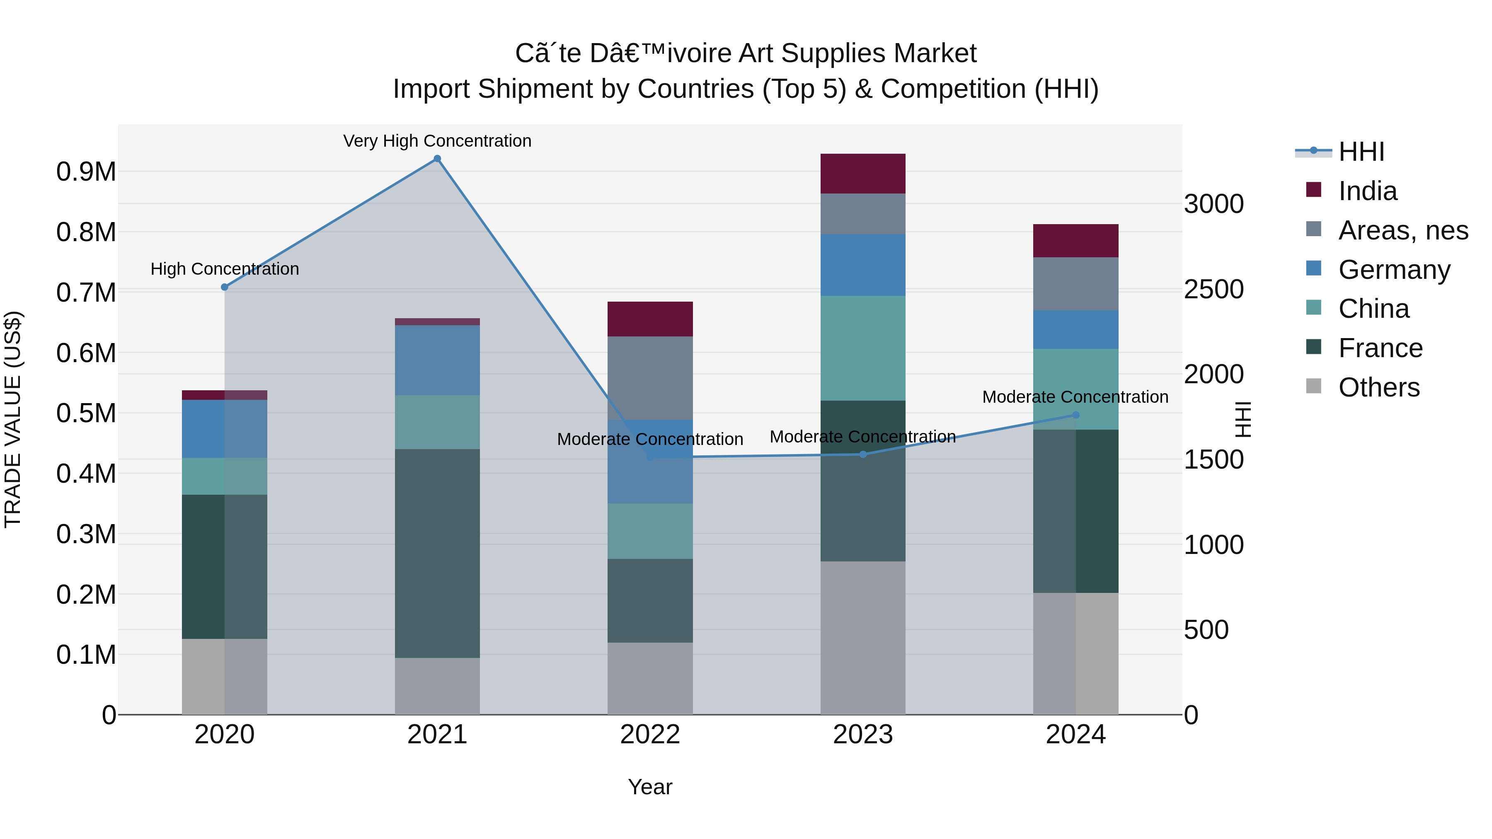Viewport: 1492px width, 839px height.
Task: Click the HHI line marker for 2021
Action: (x=437, y=159)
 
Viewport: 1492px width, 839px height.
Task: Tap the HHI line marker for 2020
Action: (x=225, y=287)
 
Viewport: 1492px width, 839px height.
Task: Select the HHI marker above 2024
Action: (x=1075, y=415)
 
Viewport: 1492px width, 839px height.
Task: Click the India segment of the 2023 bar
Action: (x=862, y=174)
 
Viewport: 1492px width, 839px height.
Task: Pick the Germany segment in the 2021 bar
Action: (x=437, y=360)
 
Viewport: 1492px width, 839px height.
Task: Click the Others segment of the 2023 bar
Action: (x=862, y=637)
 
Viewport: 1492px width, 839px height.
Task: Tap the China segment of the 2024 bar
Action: (x=1075, y=389)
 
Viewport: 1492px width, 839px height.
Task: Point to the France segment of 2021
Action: (x=437, y=553)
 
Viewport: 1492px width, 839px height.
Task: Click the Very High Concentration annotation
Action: (x=437, y=141)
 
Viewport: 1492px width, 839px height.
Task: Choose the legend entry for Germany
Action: (x=1393, y=270)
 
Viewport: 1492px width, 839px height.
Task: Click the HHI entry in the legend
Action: (x=1361, y=152)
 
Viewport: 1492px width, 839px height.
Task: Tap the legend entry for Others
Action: (x=1378, y=387)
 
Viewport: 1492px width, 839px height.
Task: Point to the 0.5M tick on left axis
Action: (x=86, y=413)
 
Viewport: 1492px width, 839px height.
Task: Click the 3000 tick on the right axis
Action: (x=1213, y=204)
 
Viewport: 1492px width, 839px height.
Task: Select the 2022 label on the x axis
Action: (x=650, y=735)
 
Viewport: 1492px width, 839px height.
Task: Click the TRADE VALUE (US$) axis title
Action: (x=13, y=419)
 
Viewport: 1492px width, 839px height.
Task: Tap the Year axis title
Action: (x=650, y=787)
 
